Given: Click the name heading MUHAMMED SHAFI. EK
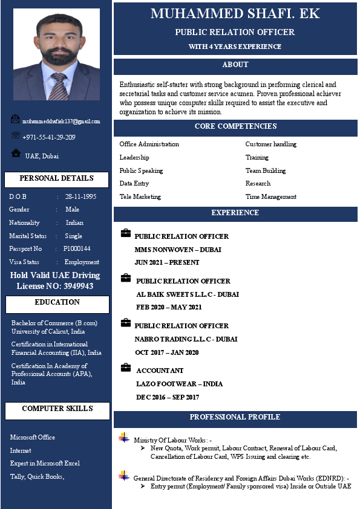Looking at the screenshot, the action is pos(235,13).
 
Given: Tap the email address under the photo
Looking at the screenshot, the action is pos(61,122).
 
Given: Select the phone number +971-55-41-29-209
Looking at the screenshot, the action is pos(48,137).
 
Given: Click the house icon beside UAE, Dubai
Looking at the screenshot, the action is pos(16,154).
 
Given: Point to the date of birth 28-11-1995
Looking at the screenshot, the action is pos(80,196).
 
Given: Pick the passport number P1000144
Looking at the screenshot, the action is pos(77,248).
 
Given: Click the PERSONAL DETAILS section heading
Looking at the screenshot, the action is pos(56,179).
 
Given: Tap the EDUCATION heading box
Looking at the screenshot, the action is pos(57,303).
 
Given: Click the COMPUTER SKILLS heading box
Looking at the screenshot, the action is pos(57,409).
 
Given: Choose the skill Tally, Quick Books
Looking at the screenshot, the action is pos(37,476).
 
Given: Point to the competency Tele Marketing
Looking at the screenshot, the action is pos(140,196).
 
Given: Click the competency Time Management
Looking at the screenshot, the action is pos(270,196).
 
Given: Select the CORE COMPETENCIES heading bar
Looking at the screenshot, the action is pos(235,127).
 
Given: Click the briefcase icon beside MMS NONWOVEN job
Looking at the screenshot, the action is pos(126,233).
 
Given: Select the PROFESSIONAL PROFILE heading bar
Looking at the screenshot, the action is pos(235,418).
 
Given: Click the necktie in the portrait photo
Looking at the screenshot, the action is pos(59,86).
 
